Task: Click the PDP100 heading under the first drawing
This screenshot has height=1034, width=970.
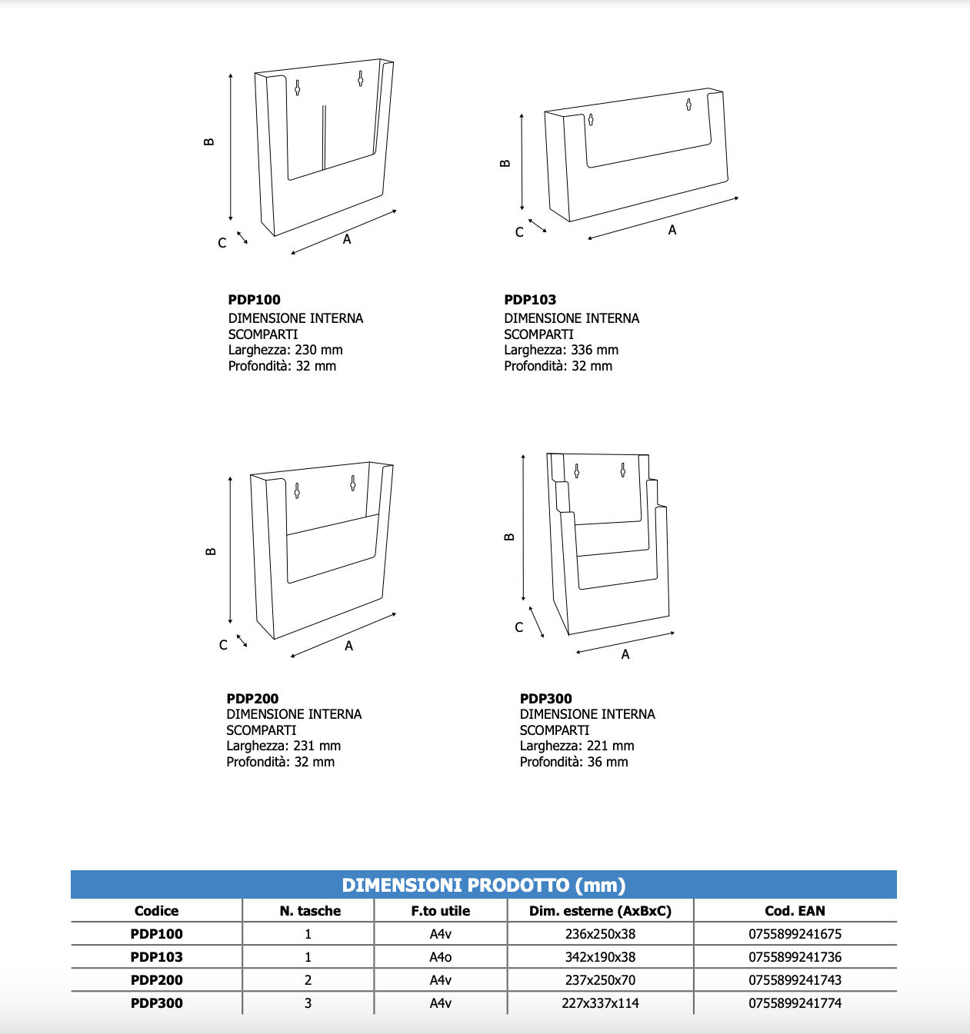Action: click(x=254, y=300)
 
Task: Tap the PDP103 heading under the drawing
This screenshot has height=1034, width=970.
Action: click(x=530, y=300)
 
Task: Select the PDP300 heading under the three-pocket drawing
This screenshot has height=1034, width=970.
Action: click(x=545, y=699)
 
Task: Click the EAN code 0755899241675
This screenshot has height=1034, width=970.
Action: click(x=795, y=934)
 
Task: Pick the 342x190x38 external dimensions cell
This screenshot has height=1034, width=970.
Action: click(x=600, y=957)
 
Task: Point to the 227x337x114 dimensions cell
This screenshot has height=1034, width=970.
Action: click(x=600, y=1003)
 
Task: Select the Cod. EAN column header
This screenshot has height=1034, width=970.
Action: click(x=795, y=911)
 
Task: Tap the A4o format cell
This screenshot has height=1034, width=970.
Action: click(x=441, y=957)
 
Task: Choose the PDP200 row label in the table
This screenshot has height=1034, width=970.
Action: click(x=157, y=980)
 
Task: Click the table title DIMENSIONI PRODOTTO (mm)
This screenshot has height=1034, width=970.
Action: click(x=484, y=885)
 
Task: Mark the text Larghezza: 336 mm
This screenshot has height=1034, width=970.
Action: click(x=561, y=350)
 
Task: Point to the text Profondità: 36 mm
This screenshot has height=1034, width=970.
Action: click(x=574, y=762)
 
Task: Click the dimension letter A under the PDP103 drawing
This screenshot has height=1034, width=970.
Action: click(x=672, y=230)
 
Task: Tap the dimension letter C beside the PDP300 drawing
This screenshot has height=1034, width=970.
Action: click(x=519, y=627)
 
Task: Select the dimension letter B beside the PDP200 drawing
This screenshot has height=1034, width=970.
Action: click(x=211, y=551)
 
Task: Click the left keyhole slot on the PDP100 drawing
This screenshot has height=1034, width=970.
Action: click(x=298, y=88)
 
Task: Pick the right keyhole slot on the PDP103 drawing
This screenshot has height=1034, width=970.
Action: click(x=688, y=105)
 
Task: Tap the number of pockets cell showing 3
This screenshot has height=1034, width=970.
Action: click(x=308, y=1003)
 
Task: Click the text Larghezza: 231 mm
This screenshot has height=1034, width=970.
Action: click(x=283, y=746)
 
